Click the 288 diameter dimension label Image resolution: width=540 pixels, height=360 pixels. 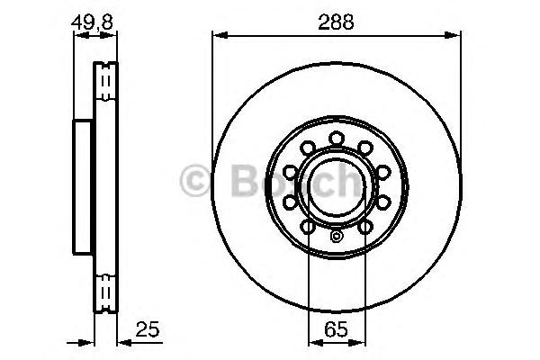336,22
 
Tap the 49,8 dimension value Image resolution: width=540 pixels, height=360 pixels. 92,22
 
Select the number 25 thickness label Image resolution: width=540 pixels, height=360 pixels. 148,329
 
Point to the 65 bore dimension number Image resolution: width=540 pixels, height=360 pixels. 336,329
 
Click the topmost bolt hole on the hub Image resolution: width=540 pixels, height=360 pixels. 337,139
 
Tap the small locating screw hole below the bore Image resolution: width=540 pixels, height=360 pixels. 336,237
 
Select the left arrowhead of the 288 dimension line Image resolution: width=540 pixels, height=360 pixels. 220,35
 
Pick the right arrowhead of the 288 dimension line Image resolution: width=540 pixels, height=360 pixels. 452,35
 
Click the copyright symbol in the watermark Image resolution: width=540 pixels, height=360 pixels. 195,181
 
